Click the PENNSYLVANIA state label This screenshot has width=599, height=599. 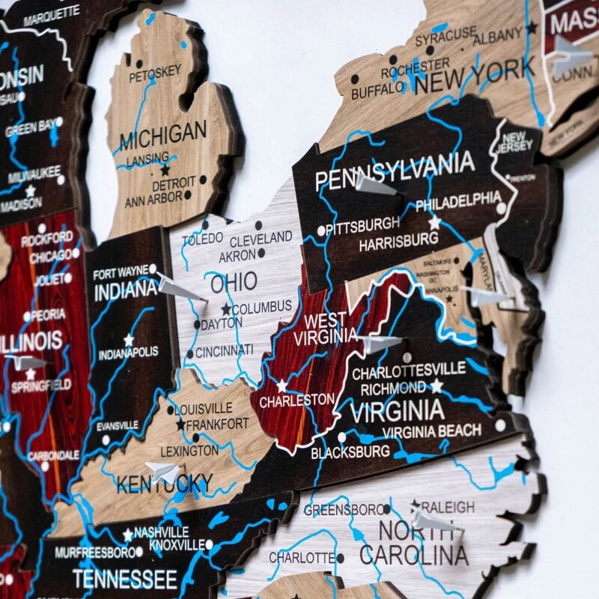click(x=395, y=171)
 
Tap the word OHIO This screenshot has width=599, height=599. click(x=233, y=283)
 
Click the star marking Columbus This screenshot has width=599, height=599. click(x=225, y=308)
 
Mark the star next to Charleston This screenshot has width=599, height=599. click(x=282, y=386)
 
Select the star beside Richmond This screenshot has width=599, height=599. click(x=437, y=386)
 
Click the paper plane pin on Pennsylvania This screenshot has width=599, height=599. click(x=374, y=184)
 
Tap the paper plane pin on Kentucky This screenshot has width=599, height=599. click(x=163, y=472)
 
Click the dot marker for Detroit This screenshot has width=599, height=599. click(x=202, y=180)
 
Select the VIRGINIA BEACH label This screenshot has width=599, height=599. click(x=432, y=431)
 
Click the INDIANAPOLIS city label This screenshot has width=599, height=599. click(x=128, y=351)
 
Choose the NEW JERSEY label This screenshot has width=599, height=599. click(x=513, y=142)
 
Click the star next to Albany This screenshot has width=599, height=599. click(x=532, y=28)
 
